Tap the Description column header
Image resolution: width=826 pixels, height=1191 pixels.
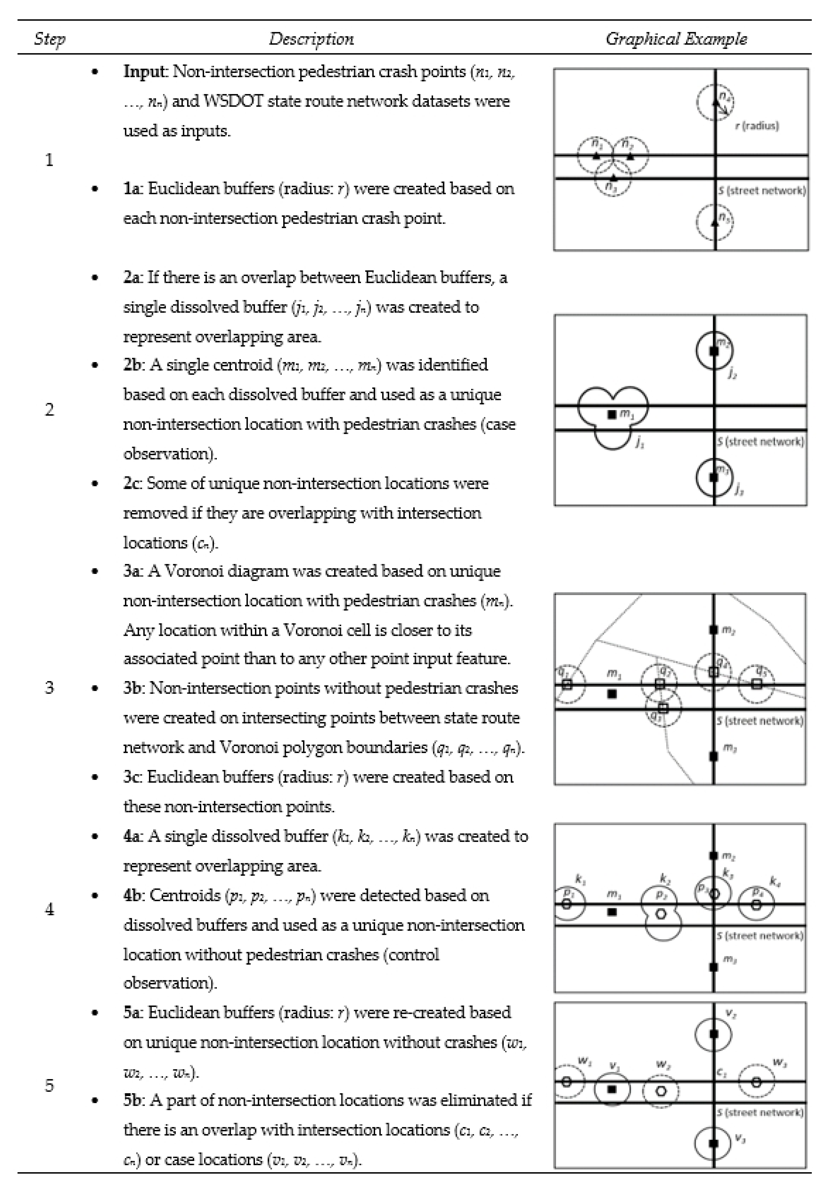coord(311,39)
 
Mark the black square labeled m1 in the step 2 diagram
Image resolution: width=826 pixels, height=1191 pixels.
coord(612,414)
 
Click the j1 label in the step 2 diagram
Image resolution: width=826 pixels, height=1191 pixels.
coord(640,443)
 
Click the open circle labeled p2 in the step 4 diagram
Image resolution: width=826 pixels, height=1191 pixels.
coord(661,914)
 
